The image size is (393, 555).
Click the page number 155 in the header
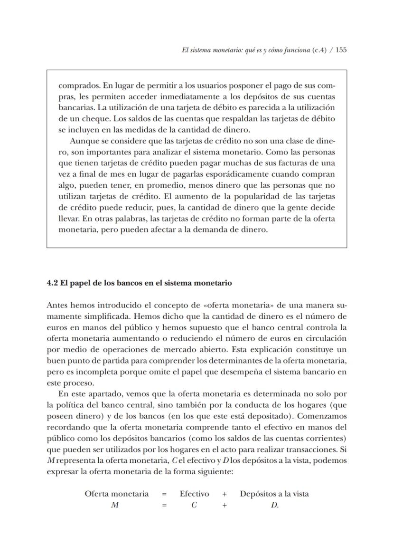(x=341, y=50)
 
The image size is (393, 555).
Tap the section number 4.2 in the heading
(x=52, y=283)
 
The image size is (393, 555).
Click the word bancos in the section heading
(x=122, y=283)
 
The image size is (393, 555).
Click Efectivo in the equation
(x=194, y=494)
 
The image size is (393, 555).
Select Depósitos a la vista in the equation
(x=274, y=494)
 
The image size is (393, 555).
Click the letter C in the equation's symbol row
(x=194, y=505)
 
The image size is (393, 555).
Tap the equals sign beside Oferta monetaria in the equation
(x=164, y=494)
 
